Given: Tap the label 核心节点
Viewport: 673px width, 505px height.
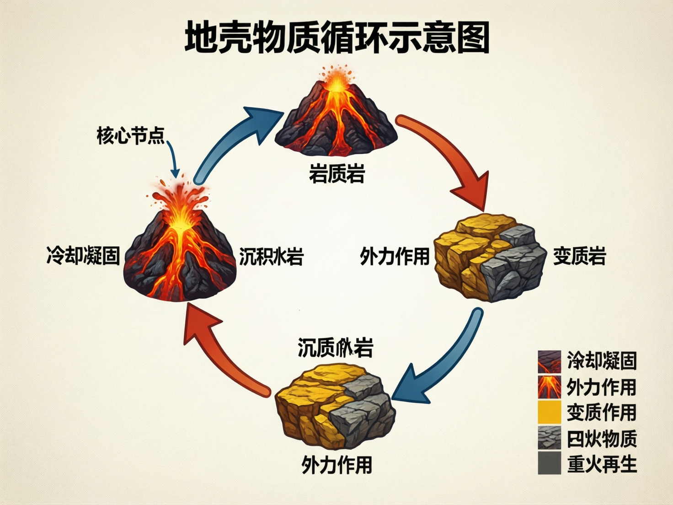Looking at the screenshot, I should [x=130, y=136].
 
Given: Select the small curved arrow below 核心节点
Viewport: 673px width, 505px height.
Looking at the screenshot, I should [x=173, y=160].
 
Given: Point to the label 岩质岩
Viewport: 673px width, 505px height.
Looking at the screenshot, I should [x=336, y=174].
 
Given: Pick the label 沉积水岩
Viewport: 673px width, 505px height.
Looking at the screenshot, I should [x=271, y=257].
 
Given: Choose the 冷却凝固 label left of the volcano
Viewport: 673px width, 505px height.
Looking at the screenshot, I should [x=83, y=255].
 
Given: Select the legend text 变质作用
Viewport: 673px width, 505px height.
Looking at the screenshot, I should [x=602, y=413].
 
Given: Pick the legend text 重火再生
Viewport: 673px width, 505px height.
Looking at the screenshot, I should [x=602, y=464].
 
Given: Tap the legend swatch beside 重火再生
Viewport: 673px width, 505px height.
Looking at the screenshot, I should [x=549, y=463].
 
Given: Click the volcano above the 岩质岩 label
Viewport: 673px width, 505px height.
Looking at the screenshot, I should [x=336, y=119].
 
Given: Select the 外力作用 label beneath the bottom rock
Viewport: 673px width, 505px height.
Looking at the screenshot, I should [x=336, y=465].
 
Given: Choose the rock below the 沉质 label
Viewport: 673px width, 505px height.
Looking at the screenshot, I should [x=335, y=405].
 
